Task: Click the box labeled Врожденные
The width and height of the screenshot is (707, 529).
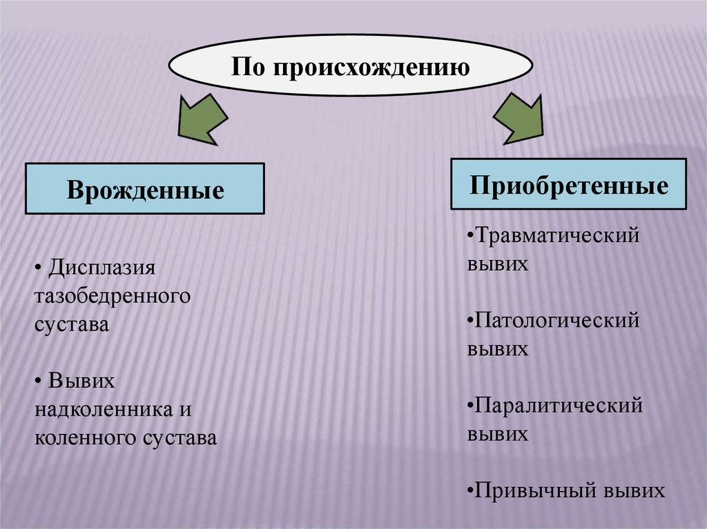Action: tap(145, 188)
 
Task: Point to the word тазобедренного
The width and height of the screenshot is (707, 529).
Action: tap(112, 296)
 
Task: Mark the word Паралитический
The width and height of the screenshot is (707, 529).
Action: tap(559, 405)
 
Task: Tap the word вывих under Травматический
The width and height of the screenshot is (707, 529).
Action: tap(497, 264)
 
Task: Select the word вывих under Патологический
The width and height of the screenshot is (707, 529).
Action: tap(497, 349)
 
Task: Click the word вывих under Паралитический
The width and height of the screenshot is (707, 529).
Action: tap(497, 434)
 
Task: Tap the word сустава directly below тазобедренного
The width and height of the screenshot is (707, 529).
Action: tap(72, 324)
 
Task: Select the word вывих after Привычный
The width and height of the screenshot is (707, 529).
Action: tap(633, 490)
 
